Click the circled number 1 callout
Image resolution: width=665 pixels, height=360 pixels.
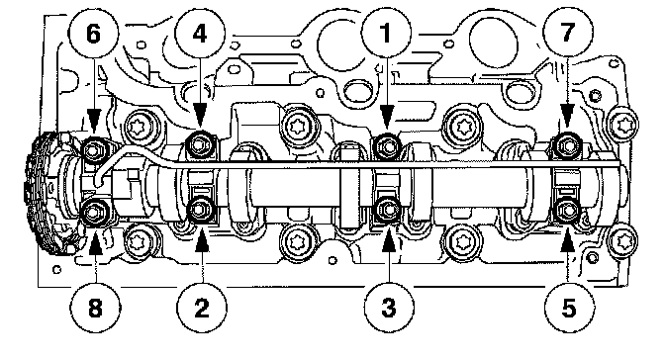(386, 33)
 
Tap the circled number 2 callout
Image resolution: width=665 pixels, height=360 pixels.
(202, 307)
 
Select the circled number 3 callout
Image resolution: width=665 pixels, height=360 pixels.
(389, 307)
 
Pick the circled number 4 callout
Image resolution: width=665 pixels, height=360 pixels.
(200, 33)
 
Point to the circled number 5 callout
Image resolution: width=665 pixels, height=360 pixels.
(569, 307)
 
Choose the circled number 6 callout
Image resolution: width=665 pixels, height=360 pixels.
(94, 33)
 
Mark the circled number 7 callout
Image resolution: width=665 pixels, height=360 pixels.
(567, 33)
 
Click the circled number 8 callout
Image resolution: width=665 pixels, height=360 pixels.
(95, 307)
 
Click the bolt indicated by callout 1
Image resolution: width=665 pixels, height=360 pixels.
(386, 145)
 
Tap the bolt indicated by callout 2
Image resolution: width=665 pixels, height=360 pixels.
(200, 210)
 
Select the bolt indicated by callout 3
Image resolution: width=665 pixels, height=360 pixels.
(387, 210)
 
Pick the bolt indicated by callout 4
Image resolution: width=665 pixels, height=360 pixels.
(199, 144)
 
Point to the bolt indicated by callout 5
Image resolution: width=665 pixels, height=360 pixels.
(567, 210)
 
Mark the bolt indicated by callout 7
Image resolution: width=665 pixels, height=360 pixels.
(567, 145)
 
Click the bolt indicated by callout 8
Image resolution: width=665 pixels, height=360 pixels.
(94, 212)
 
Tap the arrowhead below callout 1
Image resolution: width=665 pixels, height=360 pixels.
(386, 118)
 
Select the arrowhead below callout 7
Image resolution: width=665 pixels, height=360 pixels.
(567, 118)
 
